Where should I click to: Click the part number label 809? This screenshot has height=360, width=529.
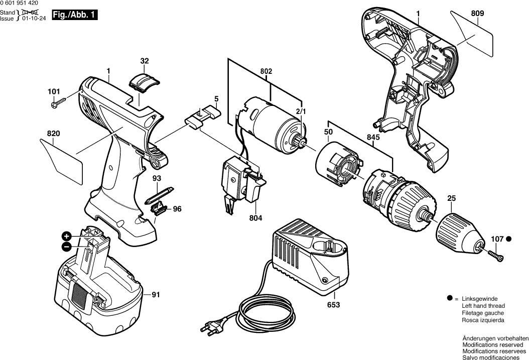click(477, 15)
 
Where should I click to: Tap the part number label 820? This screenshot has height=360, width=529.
click(54, 134)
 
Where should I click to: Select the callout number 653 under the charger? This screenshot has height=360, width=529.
click(333, 305)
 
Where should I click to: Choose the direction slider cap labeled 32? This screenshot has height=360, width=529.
click(144, 79)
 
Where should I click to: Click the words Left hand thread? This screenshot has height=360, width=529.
click(483, 306)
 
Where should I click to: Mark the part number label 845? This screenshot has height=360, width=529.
click(373, 137)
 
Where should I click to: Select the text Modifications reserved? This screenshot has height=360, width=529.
click(495, 346)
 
